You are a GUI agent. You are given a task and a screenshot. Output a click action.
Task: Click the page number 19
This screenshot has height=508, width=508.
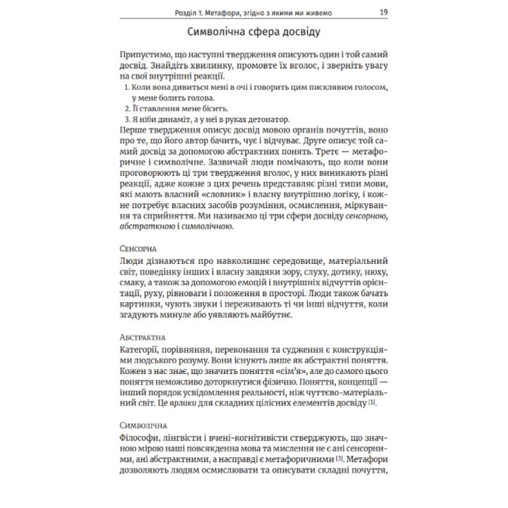pyautogui.click(x=383, y=12)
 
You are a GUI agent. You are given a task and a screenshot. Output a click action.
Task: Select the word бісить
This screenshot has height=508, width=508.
pyautogui.click(x=202, y=109)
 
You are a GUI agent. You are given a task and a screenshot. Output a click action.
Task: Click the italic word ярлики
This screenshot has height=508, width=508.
pyautogui.click(x=188, y=402)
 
